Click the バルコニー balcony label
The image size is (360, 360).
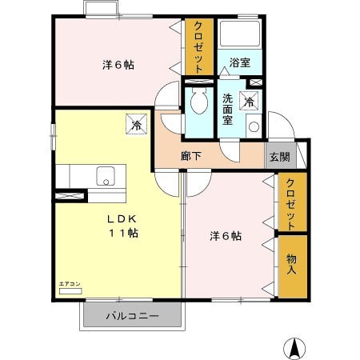coord(133,316)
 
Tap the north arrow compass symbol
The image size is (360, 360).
coord(295,348)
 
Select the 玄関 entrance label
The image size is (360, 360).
coord(280,157)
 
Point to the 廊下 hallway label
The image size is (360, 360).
coord(190,157)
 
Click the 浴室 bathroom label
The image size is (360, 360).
coord(239,62)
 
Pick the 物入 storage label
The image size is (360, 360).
coord(292,263)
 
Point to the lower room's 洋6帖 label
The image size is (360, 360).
coord(226,236)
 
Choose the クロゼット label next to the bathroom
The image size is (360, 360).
coord(198,46)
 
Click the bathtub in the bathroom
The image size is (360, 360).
coord(239,35)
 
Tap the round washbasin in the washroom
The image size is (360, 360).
coord(253,126)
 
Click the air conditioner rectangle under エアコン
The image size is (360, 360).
coord(70,291)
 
